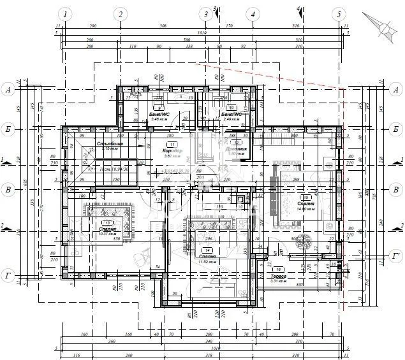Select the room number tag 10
click(x=232, y=108)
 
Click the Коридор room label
click(x=172, y=151)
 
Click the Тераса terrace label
click(x=278, y=277)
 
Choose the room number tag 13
click(x=107, y=222)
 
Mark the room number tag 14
click(x=207, y=250)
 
